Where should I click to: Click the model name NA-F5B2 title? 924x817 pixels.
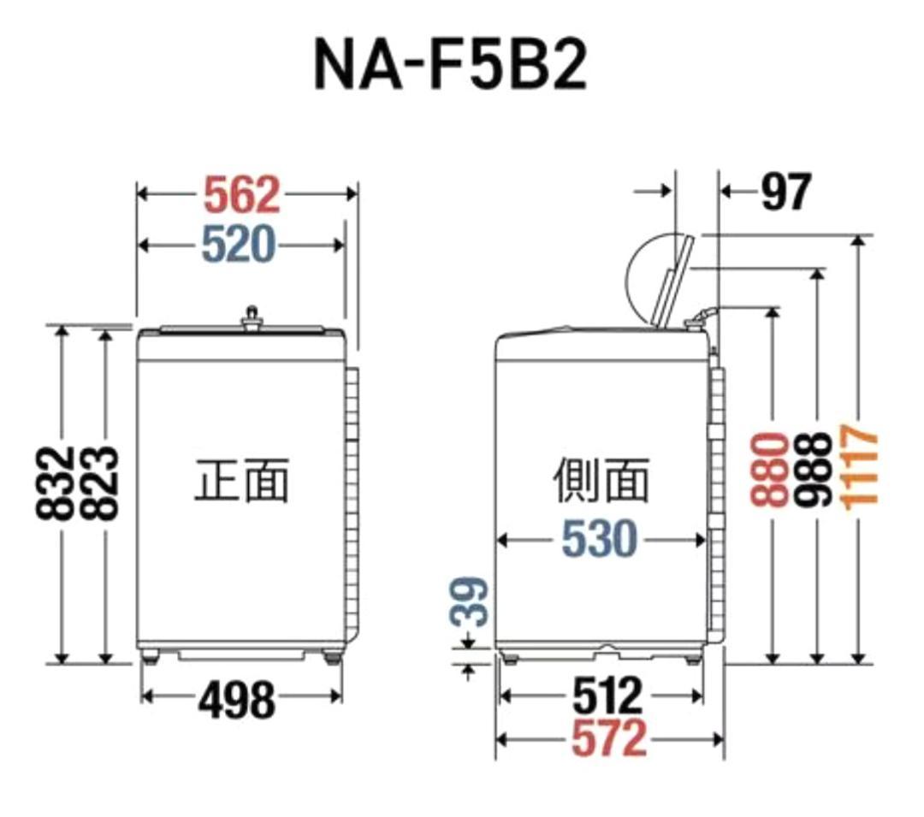coord(451,65)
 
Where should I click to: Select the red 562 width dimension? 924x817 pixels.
coord(242,196)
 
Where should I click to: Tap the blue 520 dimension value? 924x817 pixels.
coord(240,246)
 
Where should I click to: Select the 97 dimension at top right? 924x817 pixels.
coord(785,192)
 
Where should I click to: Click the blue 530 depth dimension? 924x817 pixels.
coord(600,540)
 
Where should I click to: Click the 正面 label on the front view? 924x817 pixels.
coord(241,480)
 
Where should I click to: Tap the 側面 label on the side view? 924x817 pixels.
coord(601,480)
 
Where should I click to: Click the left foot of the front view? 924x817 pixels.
coord(152,657)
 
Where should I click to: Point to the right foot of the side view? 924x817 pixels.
coord(690,658)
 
